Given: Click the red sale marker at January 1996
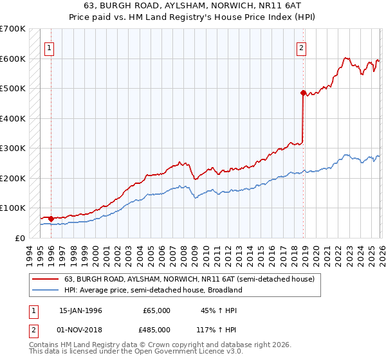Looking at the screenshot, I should point(51,219).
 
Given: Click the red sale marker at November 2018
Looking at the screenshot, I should point(303,93).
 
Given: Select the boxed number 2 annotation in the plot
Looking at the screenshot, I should point(300,46).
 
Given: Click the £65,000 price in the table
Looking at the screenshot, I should point(156,310).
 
